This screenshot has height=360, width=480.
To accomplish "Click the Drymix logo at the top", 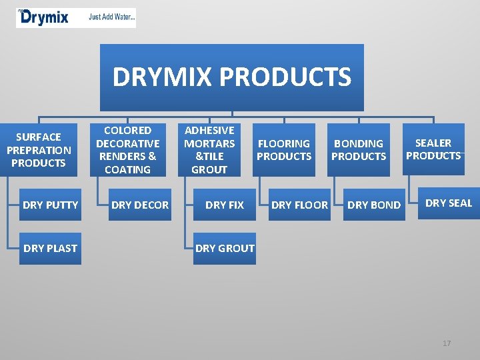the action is tap(44, 17).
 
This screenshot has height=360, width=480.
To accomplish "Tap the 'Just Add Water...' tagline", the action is tap(112, 18).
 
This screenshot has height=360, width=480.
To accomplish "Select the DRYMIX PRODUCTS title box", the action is tap(231, 77).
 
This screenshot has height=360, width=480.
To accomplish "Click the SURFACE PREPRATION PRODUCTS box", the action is tap(39, 150).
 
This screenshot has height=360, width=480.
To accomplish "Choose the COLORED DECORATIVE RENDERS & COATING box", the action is tap(127, 150).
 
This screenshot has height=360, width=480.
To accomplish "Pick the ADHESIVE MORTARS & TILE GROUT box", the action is tap(209, 150).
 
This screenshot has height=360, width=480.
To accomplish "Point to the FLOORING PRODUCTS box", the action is tap(284, 150).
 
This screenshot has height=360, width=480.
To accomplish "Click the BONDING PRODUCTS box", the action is tap(359, 150).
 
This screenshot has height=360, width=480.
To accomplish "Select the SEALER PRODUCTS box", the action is tap(433, 149).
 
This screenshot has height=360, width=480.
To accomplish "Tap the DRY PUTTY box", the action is tap(50, 205).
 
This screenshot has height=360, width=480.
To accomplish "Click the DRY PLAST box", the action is tap(50, 248).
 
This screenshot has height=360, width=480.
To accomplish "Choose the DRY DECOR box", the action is tap(140, 205).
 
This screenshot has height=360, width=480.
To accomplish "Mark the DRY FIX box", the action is tap(225, 205).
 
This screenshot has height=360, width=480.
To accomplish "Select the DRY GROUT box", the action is tap(225, 248).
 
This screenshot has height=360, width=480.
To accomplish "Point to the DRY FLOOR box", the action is tap(299, 205).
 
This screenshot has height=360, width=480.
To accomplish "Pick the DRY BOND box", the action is tap(374, 205).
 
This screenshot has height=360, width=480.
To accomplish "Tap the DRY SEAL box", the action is tap(448, 203).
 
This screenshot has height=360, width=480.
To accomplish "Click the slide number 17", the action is tap(447, 343).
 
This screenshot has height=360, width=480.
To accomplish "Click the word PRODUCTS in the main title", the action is tap(286, 77).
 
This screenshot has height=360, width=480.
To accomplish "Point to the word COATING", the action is tap(127, 169).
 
